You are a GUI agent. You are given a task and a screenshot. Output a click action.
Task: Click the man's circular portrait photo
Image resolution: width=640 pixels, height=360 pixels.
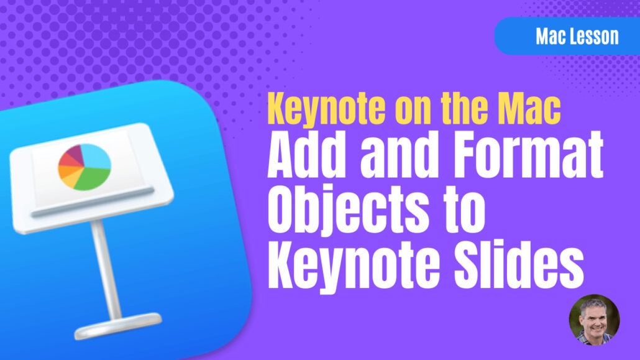(594, 320)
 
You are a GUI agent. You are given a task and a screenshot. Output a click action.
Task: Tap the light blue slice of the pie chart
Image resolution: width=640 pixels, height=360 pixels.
(96, 157)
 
